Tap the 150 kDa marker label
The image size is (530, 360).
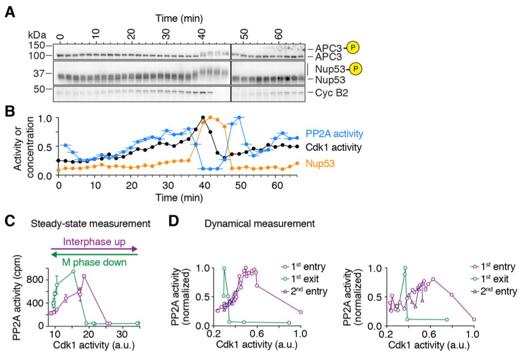[x=37, y=45]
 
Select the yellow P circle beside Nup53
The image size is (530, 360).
[x=355, y=69]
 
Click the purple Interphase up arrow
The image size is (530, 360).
[x=94, y=249]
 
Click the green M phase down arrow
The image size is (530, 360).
[x=94, y=255]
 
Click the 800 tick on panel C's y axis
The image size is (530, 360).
[x=38, y=279]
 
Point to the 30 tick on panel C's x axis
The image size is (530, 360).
[x=121, y=334]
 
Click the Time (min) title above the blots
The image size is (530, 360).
[x=179, y=18]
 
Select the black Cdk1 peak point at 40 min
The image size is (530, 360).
[x=203, y=117]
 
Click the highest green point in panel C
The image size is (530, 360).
[x=73, y=271]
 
